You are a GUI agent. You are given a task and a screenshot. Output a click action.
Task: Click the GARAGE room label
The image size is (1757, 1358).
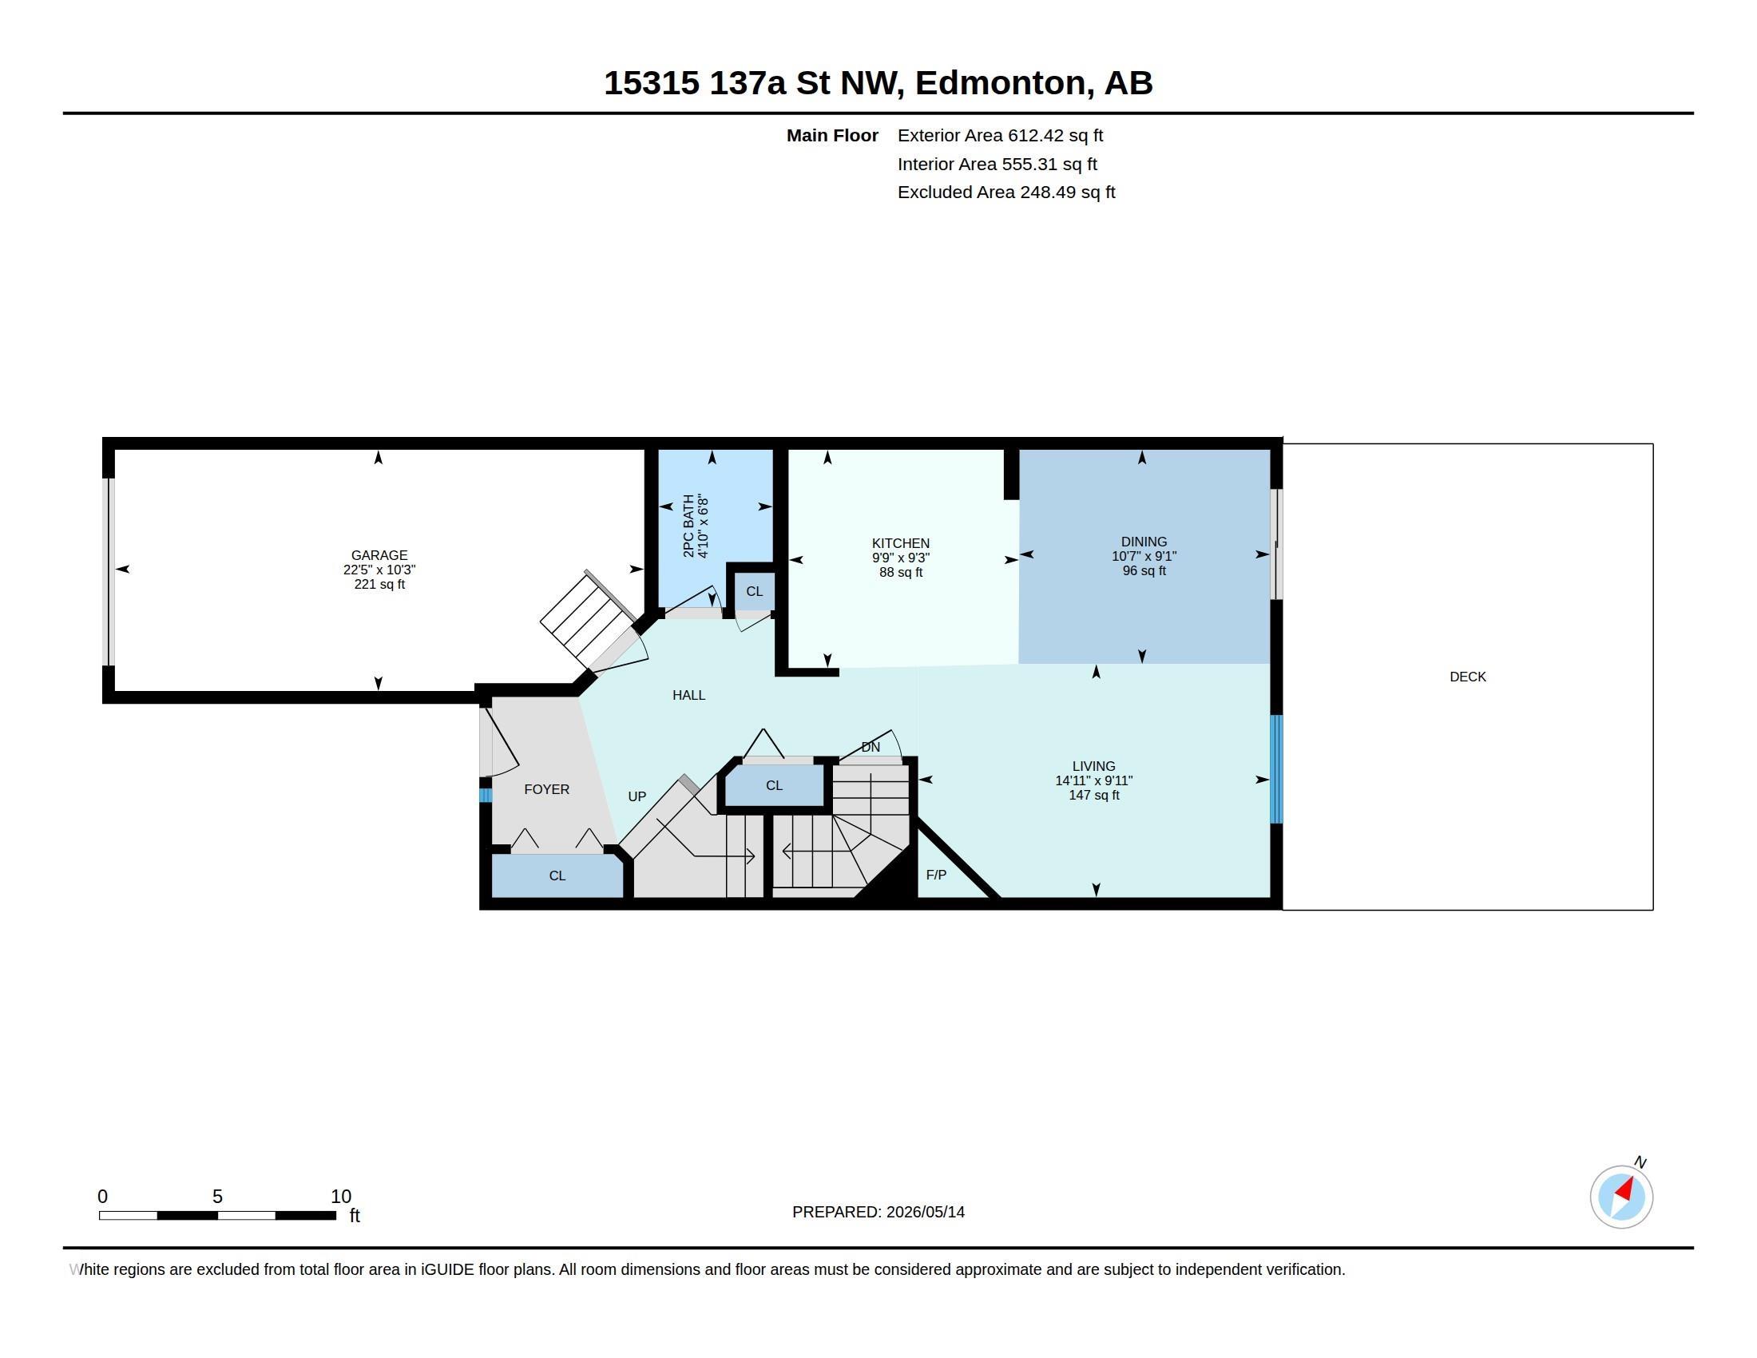(x=379, y=555)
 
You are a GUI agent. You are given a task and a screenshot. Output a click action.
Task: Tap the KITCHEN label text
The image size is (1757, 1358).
(x=900, y=543)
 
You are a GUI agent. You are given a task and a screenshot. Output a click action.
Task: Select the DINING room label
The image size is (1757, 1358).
(x=1143, y=542)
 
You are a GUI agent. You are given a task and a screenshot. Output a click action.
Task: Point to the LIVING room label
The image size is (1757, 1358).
(x=1093, y=766)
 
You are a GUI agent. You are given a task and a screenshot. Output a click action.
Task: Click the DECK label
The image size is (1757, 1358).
(x=1467, y=677)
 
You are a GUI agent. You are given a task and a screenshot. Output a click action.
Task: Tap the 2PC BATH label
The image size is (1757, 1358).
(x=688, y=526)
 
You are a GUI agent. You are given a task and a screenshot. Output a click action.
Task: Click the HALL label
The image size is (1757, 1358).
(x=688, y=695)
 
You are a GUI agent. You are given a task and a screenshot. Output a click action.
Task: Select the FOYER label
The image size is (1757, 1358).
(x=546, y=789)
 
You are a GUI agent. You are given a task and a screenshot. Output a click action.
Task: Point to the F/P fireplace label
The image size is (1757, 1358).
(x=936, y=875)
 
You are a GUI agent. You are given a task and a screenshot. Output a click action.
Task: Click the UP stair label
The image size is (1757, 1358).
(x=637, y=796)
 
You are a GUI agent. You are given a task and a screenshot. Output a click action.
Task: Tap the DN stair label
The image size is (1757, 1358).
(x=871, y=747)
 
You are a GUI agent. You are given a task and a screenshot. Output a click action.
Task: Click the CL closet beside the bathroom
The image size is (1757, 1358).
(x=754, y=591)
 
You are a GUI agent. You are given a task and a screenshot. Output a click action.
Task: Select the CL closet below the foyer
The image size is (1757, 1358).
(x=557, y=876)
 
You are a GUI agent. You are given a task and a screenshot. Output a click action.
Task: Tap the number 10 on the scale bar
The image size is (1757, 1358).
(x=340, y=1196)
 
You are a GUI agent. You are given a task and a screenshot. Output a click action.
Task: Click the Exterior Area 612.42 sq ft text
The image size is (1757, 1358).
(x=1000, y=135)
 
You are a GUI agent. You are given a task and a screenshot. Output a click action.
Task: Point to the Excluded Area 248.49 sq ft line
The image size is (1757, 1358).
(x=1006, y=192)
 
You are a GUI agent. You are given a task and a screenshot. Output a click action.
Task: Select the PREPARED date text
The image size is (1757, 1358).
(x=878, y=1212)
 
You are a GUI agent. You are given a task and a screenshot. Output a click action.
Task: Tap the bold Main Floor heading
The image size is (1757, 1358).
(x=832, y=135)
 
